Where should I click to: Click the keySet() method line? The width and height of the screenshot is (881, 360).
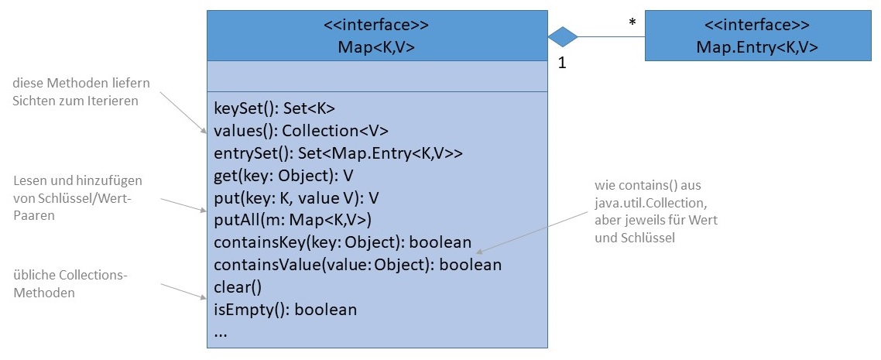coord(274,108)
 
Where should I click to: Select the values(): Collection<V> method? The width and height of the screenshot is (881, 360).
coord(301,131)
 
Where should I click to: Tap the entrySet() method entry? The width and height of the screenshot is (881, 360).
coord(338,153)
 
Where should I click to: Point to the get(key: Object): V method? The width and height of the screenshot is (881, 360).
coord(283,176)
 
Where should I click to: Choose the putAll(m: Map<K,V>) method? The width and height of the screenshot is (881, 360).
coord(293,220)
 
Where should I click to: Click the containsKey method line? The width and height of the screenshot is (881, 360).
coord(342,242)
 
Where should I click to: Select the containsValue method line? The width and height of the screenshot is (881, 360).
coord(357,265)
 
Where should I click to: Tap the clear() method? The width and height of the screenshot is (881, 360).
coord(238,287)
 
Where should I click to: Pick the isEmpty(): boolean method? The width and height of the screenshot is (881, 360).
coord(285,310)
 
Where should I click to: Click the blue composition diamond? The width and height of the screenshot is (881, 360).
coord(563,36)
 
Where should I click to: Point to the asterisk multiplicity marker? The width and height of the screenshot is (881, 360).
coord(632,24)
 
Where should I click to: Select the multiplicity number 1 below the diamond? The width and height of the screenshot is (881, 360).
coord(562,65)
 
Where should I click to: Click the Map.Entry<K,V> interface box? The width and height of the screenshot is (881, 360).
coord(756,36)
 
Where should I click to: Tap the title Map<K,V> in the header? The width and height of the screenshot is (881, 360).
coord(376,47)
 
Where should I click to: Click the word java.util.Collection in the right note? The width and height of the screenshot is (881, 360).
coord(645,204)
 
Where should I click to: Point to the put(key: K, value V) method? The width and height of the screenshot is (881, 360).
coord(294,197)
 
